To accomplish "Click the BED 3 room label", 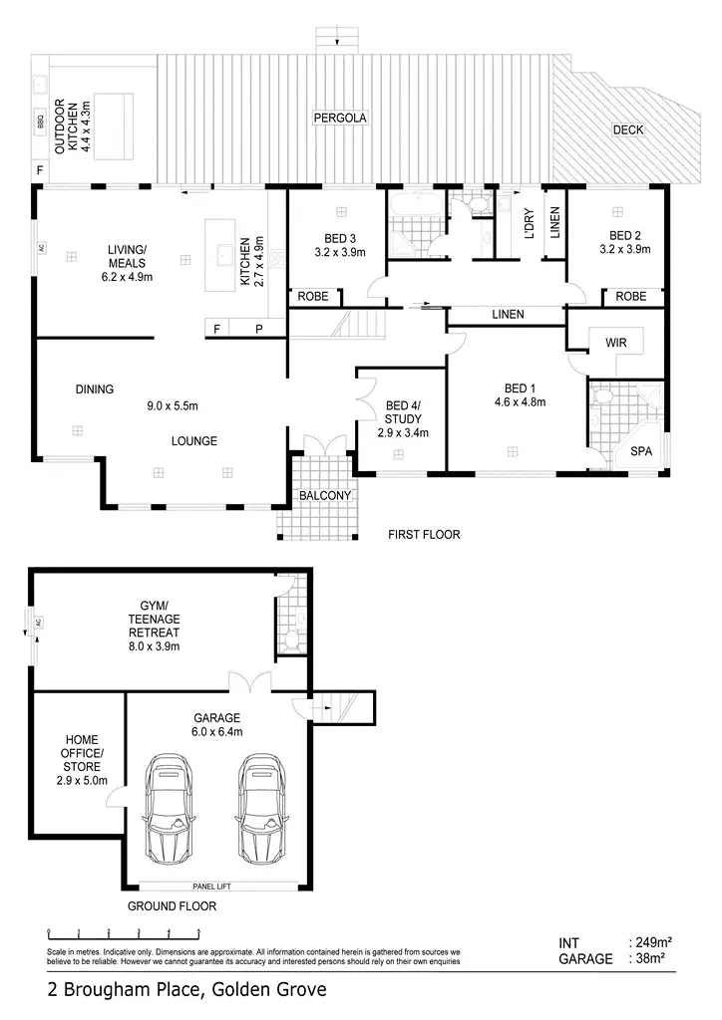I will coord(339,238).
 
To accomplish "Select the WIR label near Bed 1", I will coord(615,342).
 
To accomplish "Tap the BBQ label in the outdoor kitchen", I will coord(41,125).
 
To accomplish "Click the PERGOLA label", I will coord(341,118).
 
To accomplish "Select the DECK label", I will coord(628,128).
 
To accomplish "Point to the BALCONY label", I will coord(322,495).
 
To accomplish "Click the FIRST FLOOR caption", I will coord(424,535).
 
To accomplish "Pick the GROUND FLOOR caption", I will coord(172,906).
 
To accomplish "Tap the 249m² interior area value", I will coord(648,941).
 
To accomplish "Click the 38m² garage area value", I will coord(648,958).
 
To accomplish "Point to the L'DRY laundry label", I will coord(530,224).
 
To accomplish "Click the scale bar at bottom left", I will coord(124,934).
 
